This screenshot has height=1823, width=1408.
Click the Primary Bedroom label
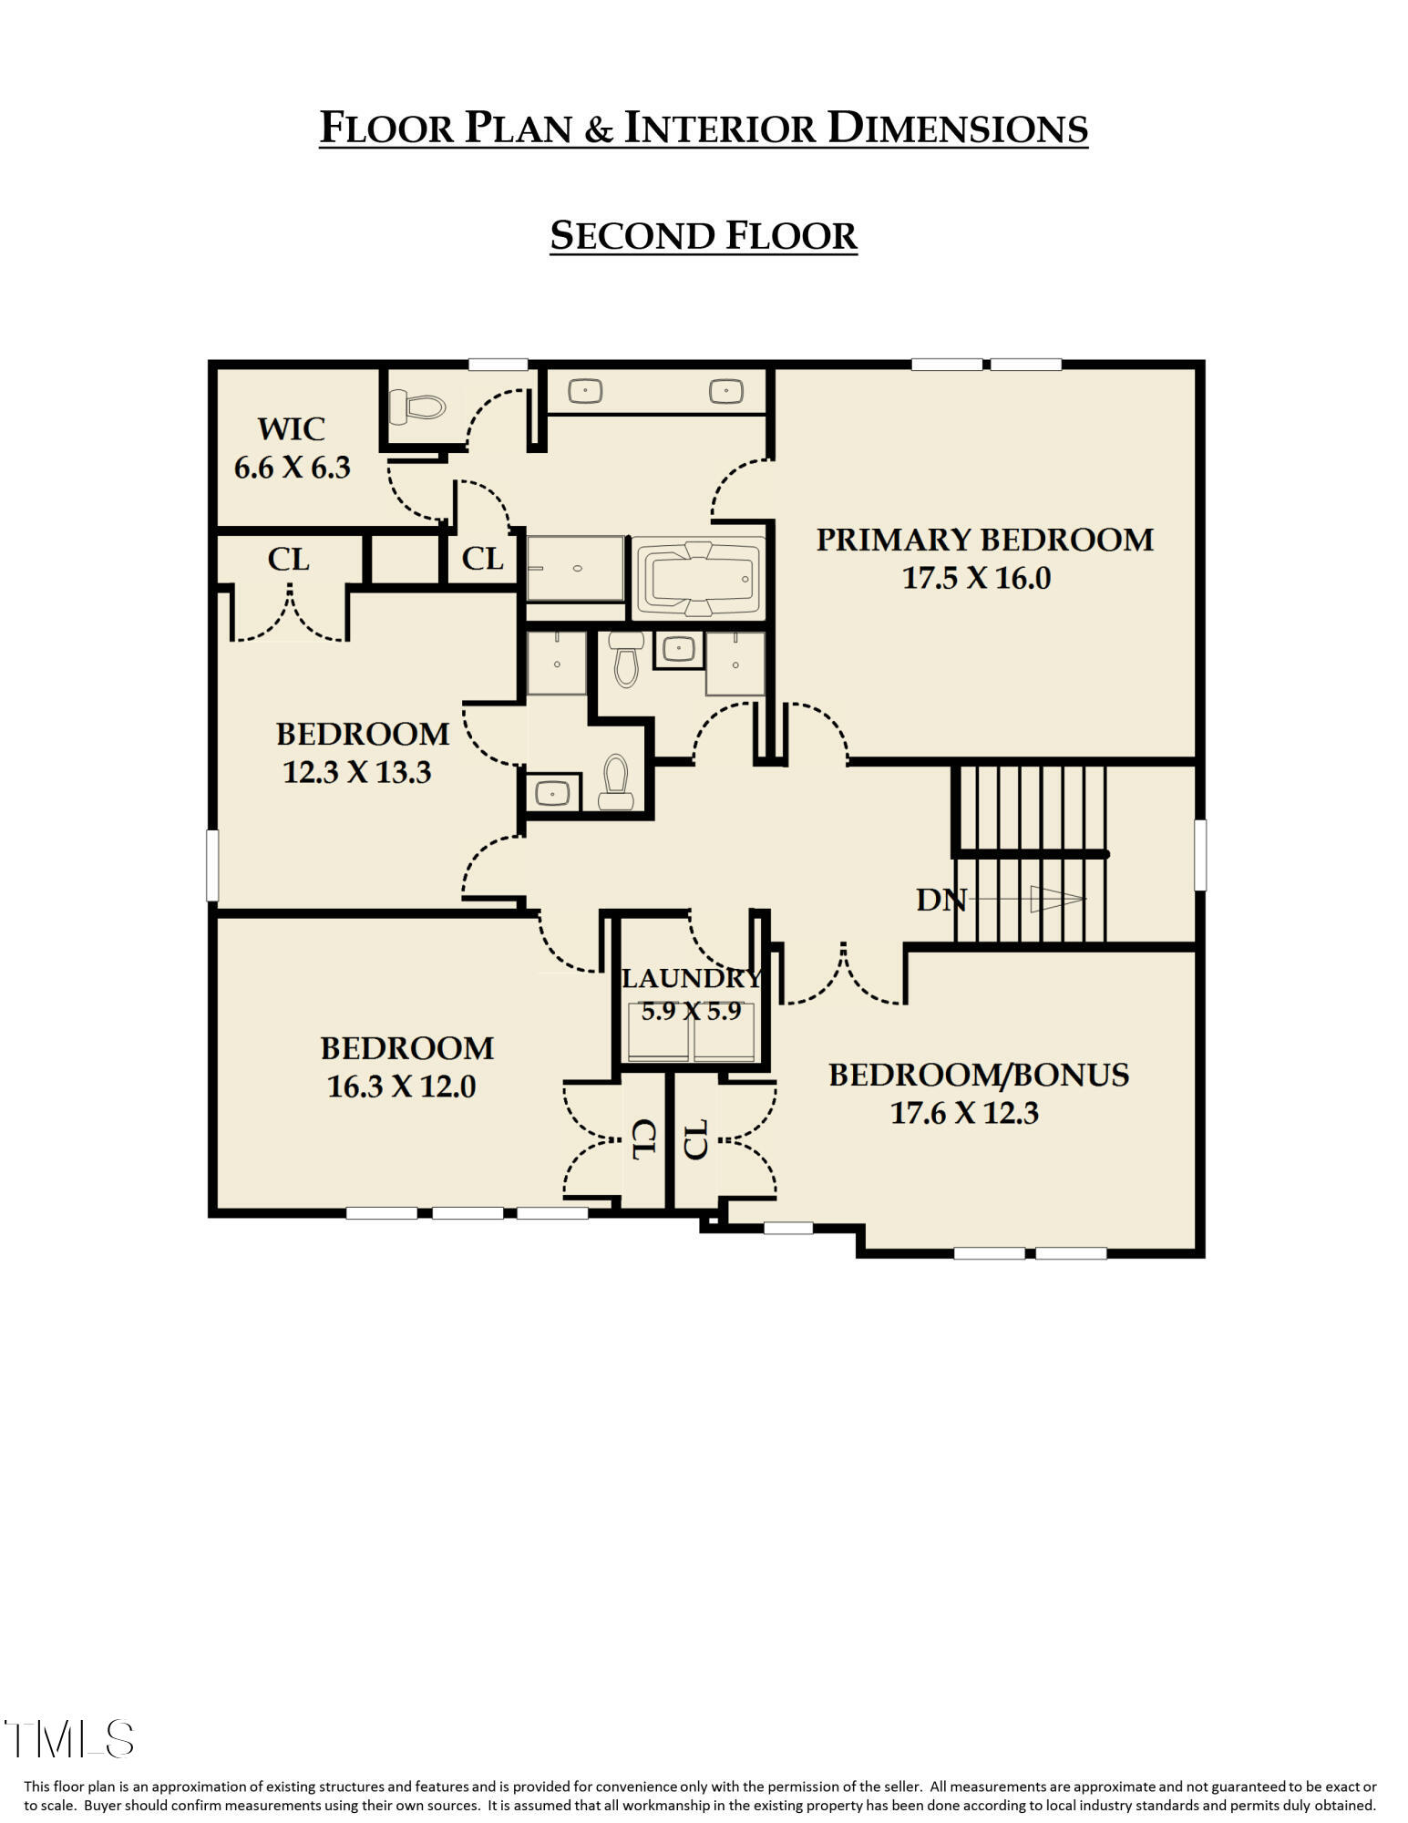(x=983, y=540)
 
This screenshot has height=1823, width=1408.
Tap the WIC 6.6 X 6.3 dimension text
(x=292, y=468)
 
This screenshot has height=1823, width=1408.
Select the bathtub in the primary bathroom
(x=697, y=578)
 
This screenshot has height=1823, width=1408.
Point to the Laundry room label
(x=690, y=978)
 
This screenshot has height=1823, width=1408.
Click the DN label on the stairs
(x=940, y=901)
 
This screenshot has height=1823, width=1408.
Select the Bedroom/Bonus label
(x=978, y=1075)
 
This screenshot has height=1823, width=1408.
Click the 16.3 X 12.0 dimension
(x=401, y=1087)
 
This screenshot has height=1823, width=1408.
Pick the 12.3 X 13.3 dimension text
(x=356, y=772)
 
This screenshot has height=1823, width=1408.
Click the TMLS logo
(x=68, y=1739)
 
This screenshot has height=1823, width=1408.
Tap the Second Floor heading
(x=703, y=235)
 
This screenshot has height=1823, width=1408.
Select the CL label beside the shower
(x=482, y=558)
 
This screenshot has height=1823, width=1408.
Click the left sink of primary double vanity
(x=584, y=391)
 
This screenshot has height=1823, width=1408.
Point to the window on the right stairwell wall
(x=1199, y=854)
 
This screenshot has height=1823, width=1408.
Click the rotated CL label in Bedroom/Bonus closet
(x=696, y=1139)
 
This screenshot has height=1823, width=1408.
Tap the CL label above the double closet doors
(x=288, y=559)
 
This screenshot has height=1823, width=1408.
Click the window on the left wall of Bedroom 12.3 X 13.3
(x=212, y=864)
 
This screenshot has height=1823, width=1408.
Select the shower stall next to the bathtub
(x=575, y=568)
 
